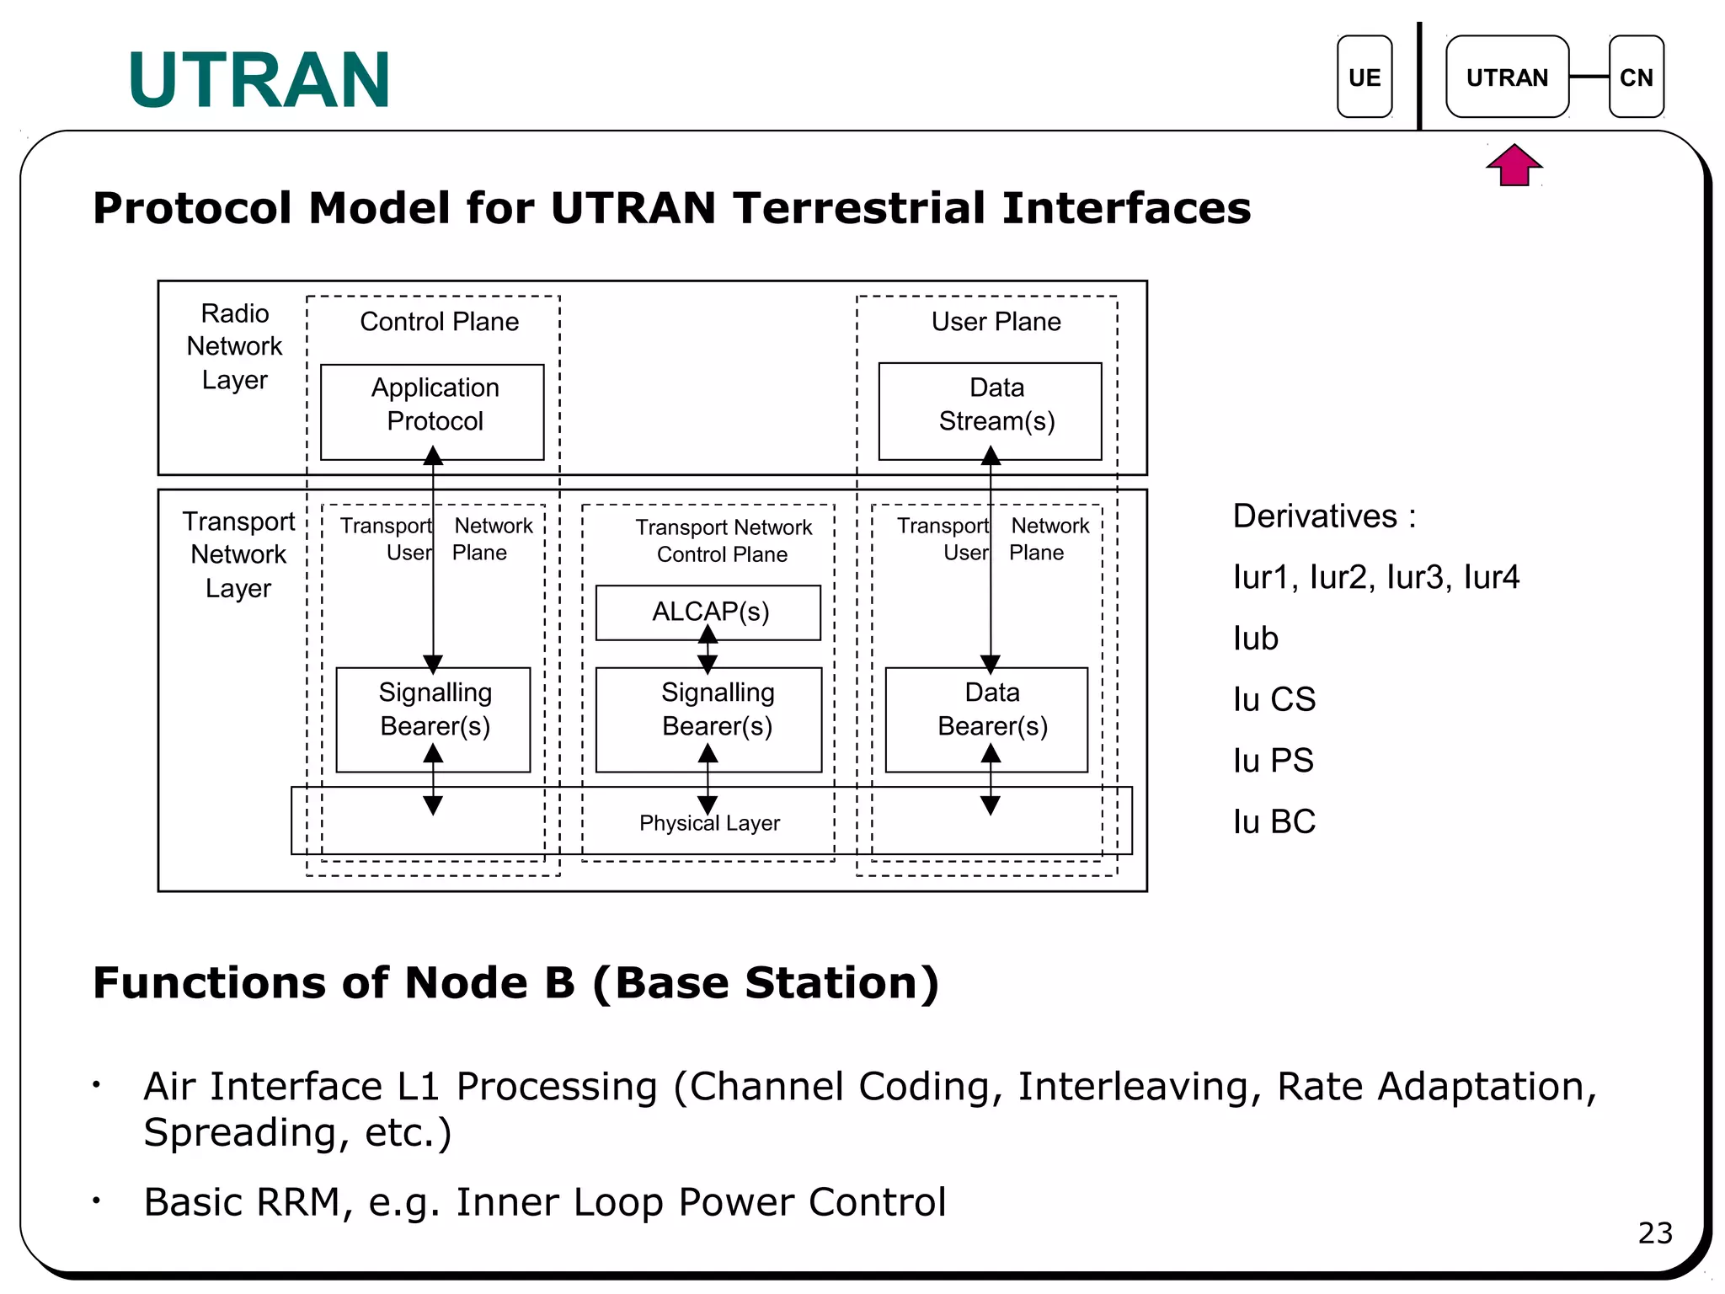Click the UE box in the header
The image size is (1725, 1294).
1364,77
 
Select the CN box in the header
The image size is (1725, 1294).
1636,77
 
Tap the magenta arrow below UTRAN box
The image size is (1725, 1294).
1514,165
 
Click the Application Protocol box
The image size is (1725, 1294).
433,411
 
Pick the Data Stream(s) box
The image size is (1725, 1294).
991,411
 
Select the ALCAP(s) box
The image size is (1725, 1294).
708,612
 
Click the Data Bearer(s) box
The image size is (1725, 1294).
987,719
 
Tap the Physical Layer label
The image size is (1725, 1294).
709,823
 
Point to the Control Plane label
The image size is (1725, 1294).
439,322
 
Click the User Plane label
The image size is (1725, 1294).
996,322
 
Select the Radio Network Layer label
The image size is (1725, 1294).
234,346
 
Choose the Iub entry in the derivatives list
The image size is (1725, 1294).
1255,639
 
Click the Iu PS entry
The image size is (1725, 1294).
1273,761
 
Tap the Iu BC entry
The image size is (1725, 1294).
1274,821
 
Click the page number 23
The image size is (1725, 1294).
1654,1233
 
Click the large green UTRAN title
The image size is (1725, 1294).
259,81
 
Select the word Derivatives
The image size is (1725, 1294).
1315,516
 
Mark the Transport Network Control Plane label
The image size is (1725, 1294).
723,540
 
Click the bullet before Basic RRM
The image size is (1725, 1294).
98,1200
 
